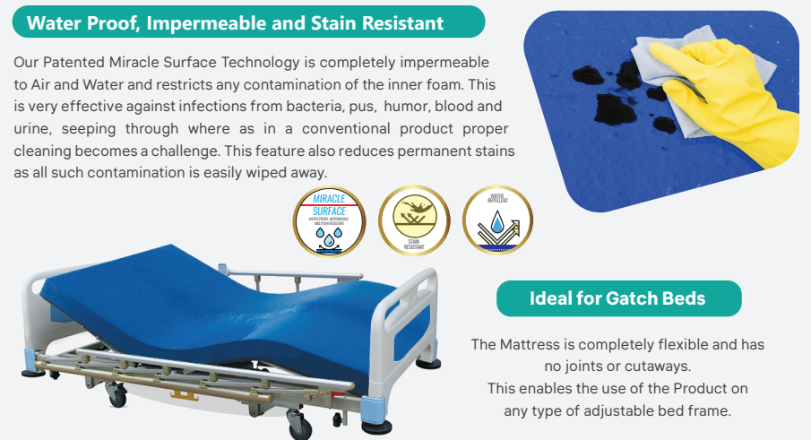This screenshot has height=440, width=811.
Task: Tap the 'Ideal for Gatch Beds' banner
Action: (618, 298)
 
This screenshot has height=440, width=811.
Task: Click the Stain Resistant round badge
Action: (413, 220)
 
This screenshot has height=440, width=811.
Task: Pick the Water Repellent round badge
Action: (497, 220)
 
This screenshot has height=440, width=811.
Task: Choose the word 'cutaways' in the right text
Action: (660, 366)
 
